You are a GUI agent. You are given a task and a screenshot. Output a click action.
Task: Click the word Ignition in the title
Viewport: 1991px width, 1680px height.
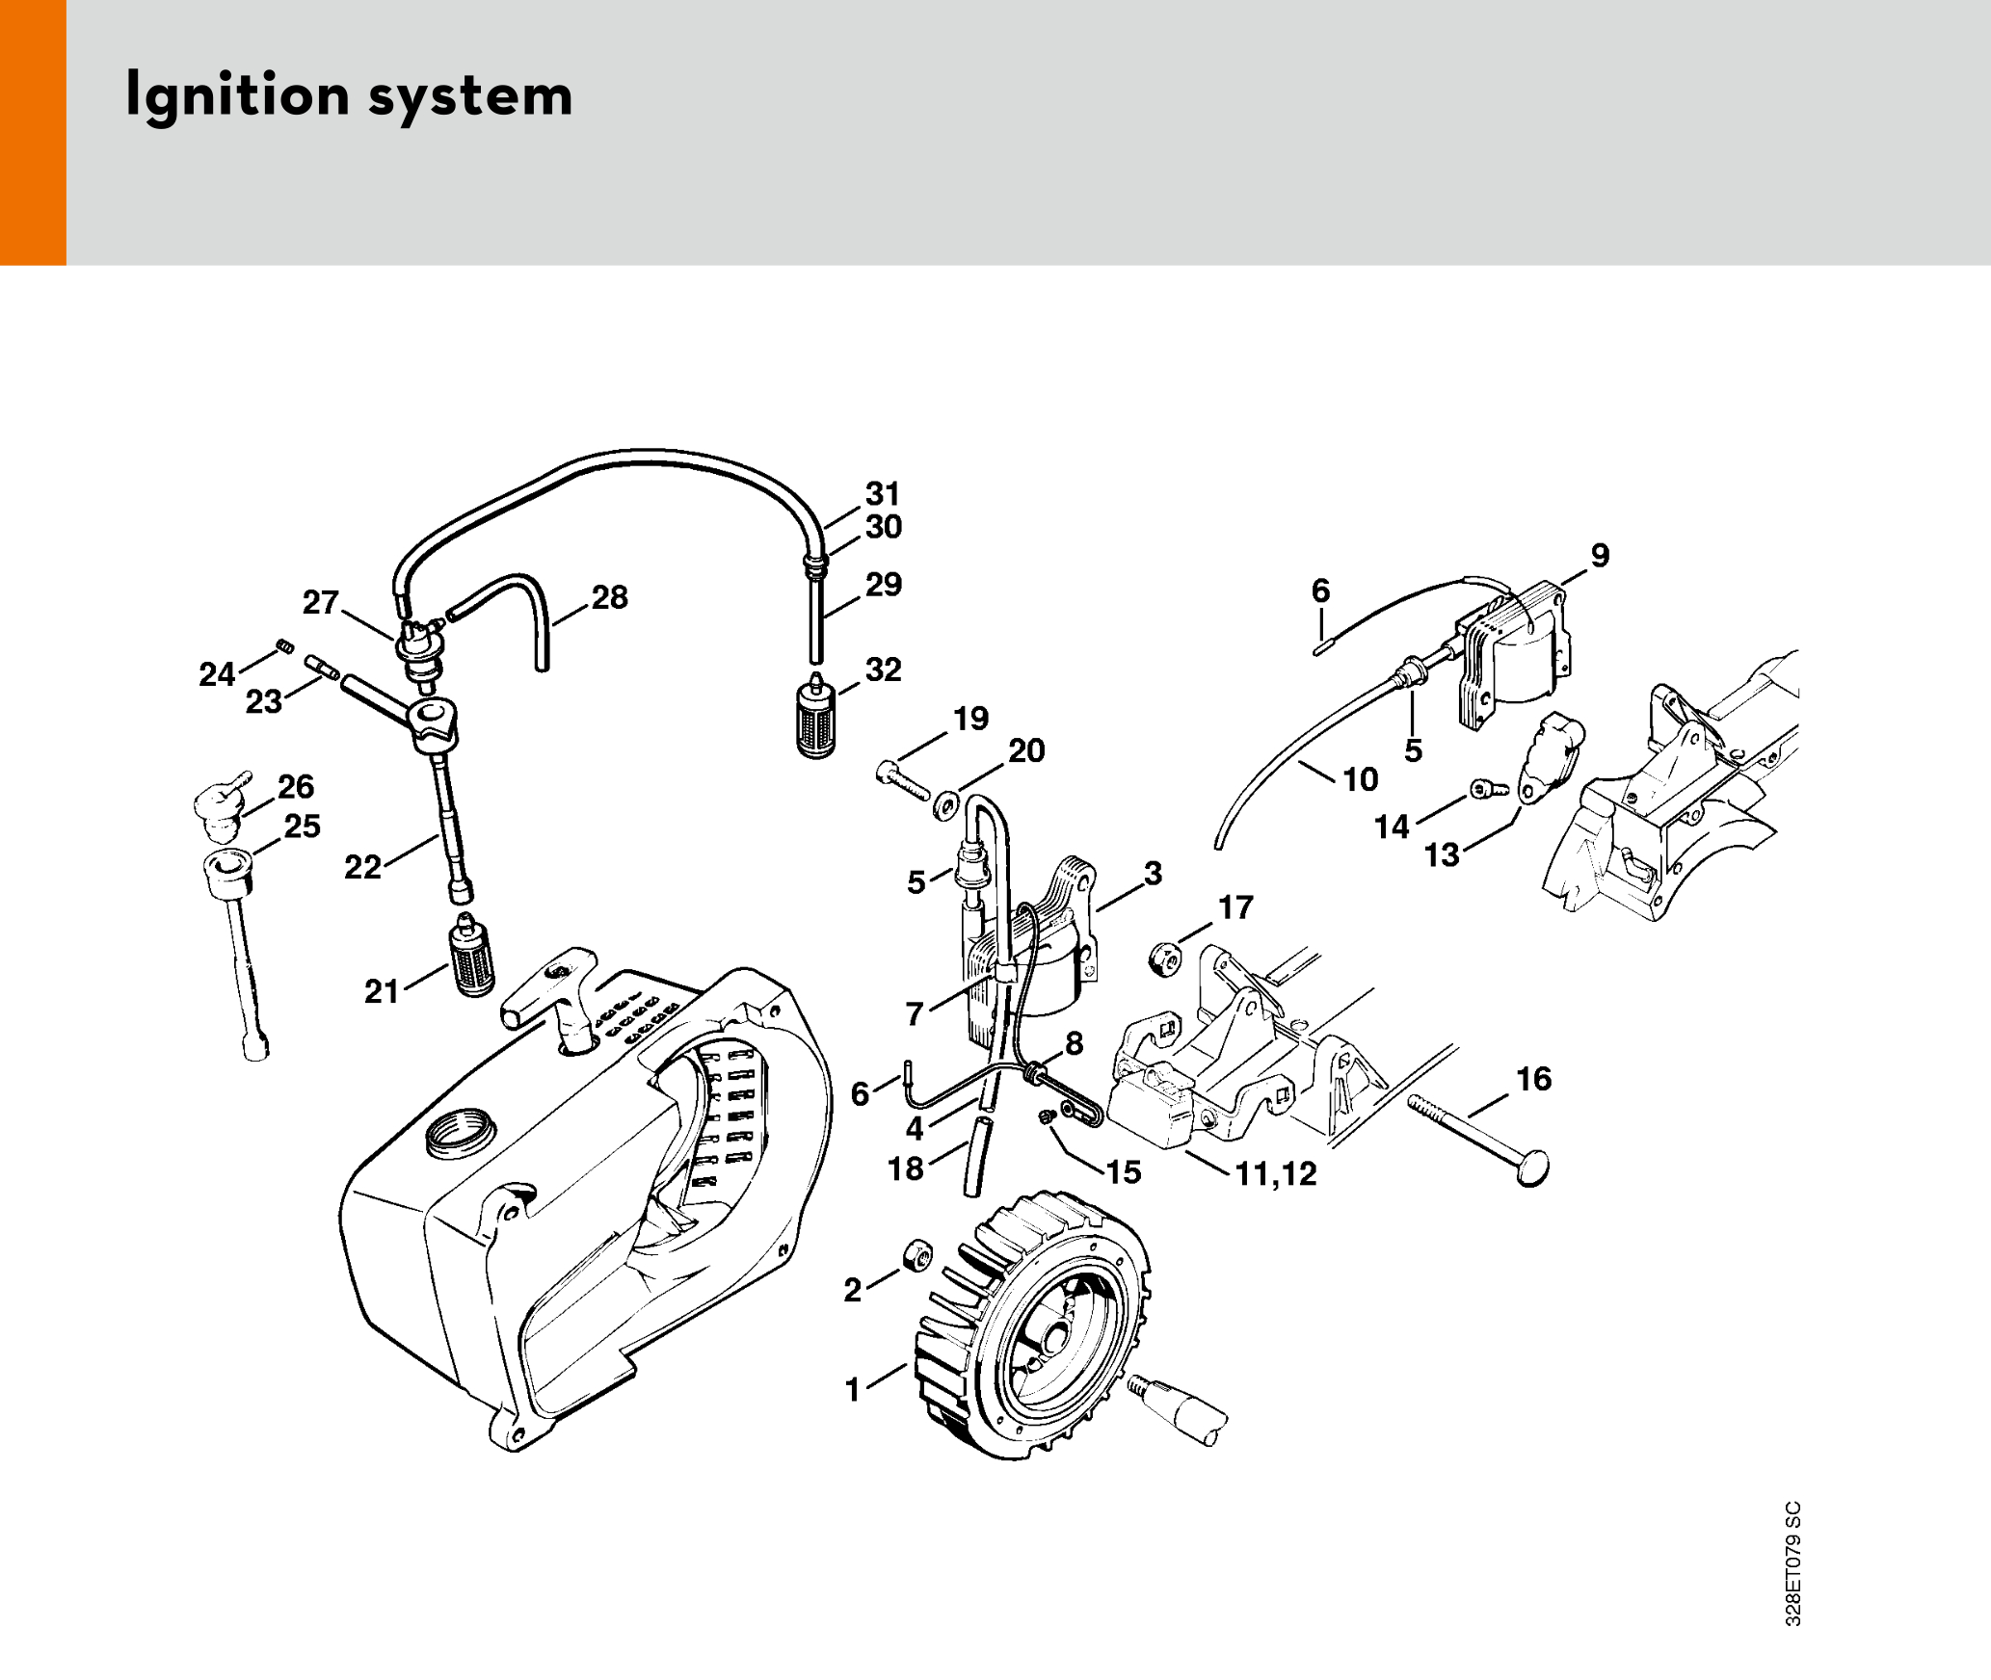[237, 96]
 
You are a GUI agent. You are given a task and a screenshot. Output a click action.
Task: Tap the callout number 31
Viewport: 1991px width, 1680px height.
[883, 494]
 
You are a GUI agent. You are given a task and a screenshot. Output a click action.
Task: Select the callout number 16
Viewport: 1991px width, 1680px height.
[1534, 1079]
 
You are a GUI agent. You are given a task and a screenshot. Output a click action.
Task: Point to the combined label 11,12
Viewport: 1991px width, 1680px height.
[1276, 1173]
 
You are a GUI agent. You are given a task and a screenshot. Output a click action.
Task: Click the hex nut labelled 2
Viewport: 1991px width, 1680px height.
[916, 1255]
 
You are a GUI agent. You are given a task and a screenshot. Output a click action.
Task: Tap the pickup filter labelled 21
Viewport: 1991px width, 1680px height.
[471, 955]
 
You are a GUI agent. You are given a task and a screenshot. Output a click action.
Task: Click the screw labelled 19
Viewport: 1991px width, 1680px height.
[903, 780]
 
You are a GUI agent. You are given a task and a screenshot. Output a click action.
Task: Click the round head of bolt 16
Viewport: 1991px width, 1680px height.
[1532, 1168]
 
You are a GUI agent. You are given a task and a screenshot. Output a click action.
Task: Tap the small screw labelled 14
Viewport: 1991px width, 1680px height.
[1489, 790]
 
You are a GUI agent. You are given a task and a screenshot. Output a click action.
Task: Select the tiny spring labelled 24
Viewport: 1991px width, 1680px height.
[285, 646]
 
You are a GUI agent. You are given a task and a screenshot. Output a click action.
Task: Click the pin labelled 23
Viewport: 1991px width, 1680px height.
[322, 667]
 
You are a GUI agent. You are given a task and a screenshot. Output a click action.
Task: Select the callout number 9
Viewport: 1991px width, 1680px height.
[1600, 556]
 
